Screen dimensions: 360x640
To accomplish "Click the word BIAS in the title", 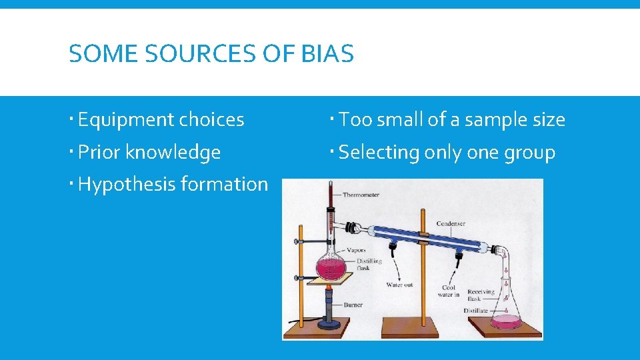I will pos(327,53).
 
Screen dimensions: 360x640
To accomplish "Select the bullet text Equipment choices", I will pos(161,120).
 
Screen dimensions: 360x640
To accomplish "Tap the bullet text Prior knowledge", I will pos(149,153).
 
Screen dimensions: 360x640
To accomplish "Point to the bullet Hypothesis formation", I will pos(173,185).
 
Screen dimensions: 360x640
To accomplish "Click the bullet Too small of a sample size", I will pos(451,120).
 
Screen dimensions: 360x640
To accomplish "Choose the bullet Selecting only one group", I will pos(447,153).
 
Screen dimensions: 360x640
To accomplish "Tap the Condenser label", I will pos(451,223).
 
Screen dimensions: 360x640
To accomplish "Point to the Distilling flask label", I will pos(369,264).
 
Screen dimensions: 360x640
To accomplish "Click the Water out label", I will pos(399,285).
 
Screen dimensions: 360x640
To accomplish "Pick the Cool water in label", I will pos(449,291).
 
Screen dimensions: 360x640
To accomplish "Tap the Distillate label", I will pos(476,311).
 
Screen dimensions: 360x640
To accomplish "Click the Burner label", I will pos(353,305).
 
